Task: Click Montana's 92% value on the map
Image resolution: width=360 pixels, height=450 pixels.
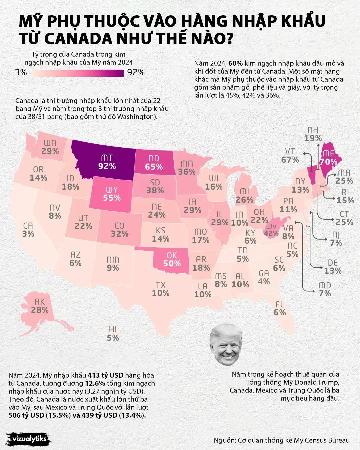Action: (x=107, y=166)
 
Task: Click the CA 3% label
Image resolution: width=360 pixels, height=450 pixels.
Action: (x=28, y=230)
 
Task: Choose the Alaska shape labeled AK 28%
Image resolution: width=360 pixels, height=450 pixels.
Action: (x=40, y=306)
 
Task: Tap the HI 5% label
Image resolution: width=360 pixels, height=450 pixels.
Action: (x=113, y=334)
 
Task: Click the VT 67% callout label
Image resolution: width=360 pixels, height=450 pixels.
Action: (x=290, y=156)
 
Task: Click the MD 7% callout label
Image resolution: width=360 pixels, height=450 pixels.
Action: (x=325, y=290)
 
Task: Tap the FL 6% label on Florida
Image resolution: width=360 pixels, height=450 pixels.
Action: (x=280, y=308)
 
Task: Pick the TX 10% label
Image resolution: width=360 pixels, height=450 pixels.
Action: (x=161, y=289)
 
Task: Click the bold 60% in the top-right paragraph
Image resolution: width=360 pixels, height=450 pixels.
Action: (x=235, y=63)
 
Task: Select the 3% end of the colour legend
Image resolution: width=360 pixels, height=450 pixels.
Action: (x=21, y=72)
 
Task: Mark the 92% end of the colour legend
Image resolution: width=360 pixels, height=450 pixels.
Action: (x=136, y=72)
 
